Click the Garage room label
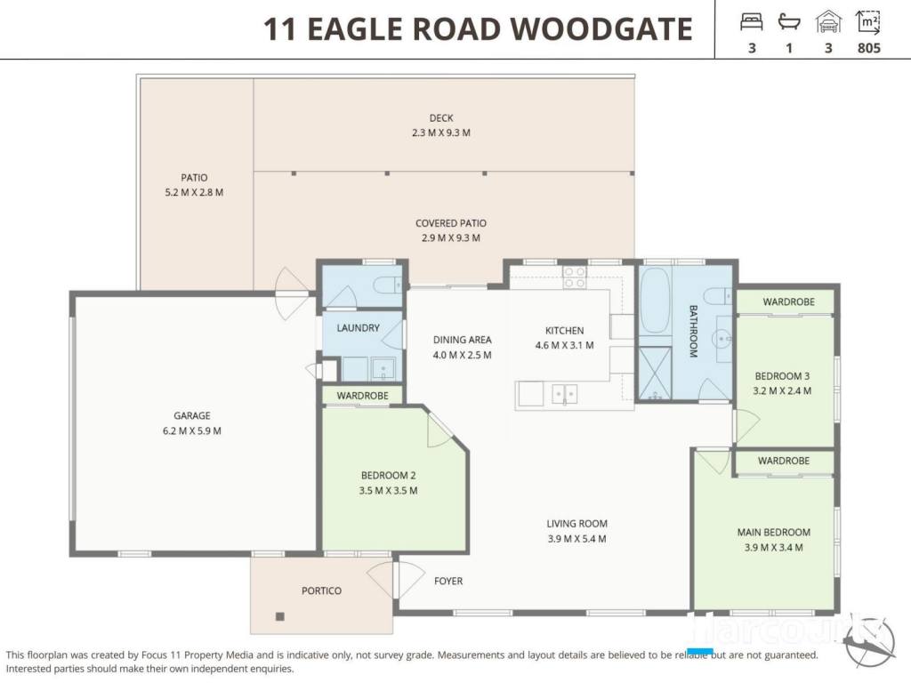point(192,416)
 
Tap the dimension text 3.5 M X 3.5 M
point(388,491)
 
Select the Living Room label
point(576,524)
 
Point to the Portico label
point(321,591)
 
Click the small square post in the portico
point(280,617)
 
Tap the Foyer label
point(448,581)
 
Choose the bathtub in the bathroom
point(655,301)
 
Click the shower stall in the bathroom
point(655,374)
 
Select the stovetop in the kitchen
point(574,277)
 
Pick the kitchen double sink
point(564,394)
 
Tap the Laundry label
point(358,328)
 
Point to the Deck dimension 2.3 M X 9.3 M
point(441,133)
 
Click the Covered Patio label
point(451,223)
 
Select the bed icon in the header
point(751,22)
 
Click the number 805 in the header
point(869,48)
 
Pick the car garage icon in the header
point(828,22)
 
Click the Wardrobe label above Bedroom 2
point(363,396)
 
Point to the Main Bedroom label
point(774,533)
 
